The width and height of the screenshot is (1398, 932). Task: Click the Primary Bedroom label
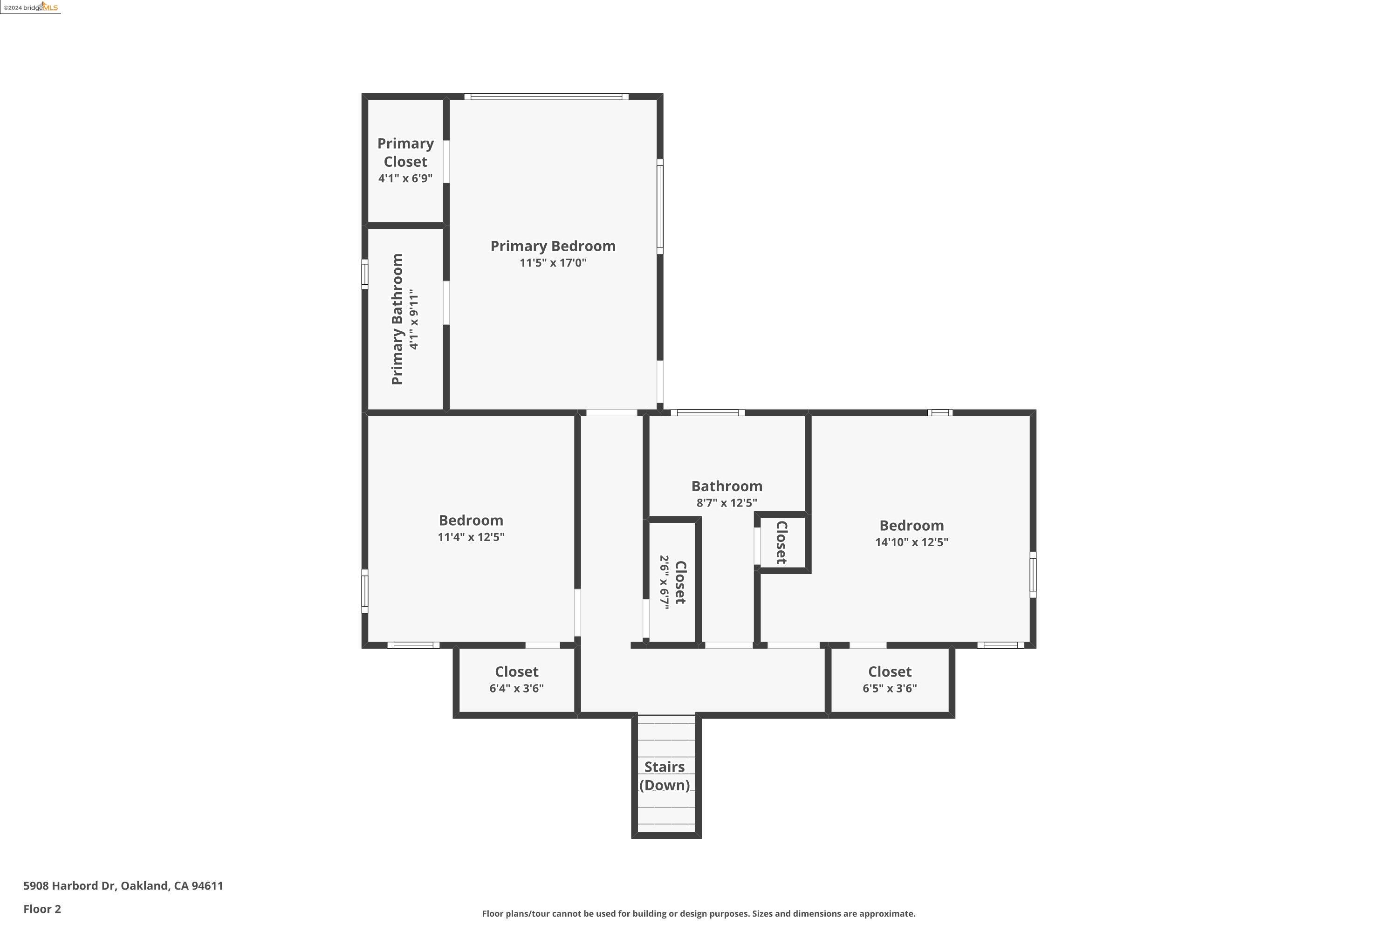(x=552, y=246)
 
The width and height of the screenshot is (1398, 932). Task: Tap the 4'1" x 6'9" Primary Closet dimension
(x=405, y=178)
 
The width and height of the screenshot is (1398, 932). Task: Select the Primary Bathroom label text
(x=397, y=319)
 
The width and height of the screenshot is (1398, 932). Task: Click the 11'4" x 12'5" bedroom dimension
(x=471, y=537)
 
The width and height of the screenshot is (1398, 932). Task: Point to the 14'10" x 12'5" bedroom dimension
(x=911, y=542)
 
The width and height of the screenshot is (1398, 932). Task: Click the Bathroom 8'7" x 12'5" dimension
(x=726, y=503)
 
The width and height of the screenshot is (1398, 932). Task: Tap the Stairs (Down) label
(x=664, y=776)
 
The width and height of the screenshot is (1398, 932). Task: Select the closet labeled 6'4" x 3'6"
(x=516, y=680)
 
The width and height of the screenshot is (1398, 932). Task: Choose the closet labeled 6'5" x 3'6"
(x=889, y=680)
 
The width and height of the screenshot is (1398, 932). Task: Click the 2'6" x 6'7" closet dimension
(x=664, y=581)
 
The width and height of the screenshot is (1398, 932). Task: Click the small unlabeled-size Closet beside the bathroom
(x=781, y=542)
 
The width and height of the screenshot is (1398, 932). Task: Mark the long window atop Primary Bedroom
(x=546, y=96)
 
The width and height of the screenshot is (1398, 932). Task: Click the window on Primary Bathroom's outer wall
(x=365, y=274)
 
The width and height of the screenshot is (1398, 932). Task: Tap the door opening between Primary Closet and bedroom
(x=446, y=162)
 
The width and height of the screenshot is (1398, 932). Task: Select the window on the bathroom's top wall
(x=707, y=412)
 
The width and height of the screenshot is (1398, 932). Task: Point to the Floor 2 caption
(x=42, y=909)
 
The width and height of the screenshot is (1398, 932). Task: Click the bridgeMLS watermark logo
(x=30, y=7)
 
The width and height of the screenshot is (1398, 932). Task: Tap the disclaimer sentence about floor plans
(x=699, y=913)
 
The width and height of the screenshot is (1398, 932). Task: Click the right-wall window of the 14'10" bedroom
(x=1033, y=575)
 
